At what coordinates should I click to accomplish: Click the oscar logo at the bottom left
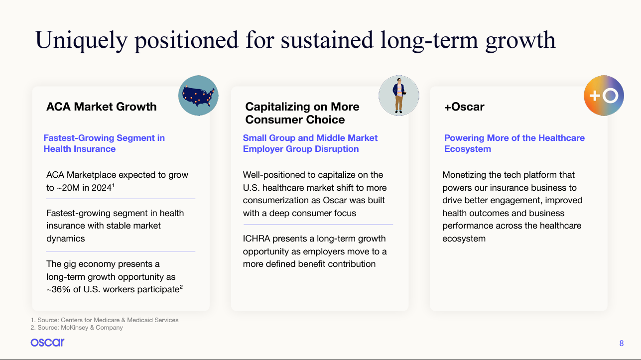(x=47, y=343)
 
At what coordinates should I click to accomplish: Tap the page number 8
(x=621, y=343)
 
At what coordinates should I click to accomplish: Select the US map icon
(x=198, y=96)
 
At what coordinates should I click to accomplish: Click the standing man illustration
(x=399, y=96)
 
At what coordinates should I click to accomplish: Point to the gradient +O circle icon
(x=604, y=96)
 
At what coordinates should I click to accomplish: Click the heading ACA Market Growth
(x=101, y=107)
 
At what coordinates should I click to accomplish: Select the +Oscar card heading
(x=464, y=107)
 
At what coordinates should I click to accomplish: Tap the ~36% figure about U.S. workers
(x=58, y=289)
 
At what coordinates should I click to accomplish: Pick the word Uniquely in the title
(x=81, y=40)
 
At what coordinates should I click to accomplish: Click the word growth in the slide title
(x=520, y=40)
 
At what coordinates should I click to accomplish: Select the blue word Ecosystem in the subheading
(x=468, y=149)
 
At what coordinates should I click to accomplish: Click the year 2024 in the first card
(x=101, y=188)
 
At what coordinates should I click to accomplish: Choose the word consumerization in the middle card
(x=276, y=200)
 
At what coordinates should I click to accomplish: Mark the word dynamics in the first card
(x=66, y=239)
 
